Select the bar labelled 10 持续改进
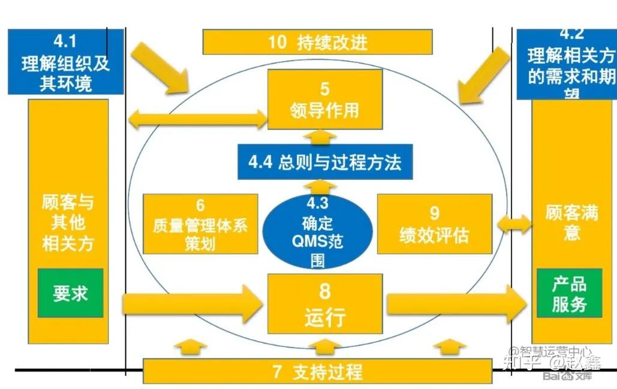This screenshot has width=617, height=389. [317, 42]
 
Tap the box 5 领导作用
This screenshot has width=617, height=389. [324, 99]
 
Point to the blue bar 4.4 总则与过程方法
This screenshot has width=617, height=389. [324, 162]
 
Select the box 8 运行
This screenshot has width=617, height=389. [324, 303]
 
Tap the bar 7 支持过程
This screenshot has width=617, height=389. [317, 372]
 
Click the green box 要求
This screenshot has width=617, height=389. [70, 293]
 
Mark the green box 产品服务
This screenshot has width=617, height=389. [569, 293]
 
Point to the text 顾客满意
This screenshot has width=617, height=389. [571, 222]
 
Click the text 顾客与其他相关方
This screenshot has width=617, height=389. [68, 222]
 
